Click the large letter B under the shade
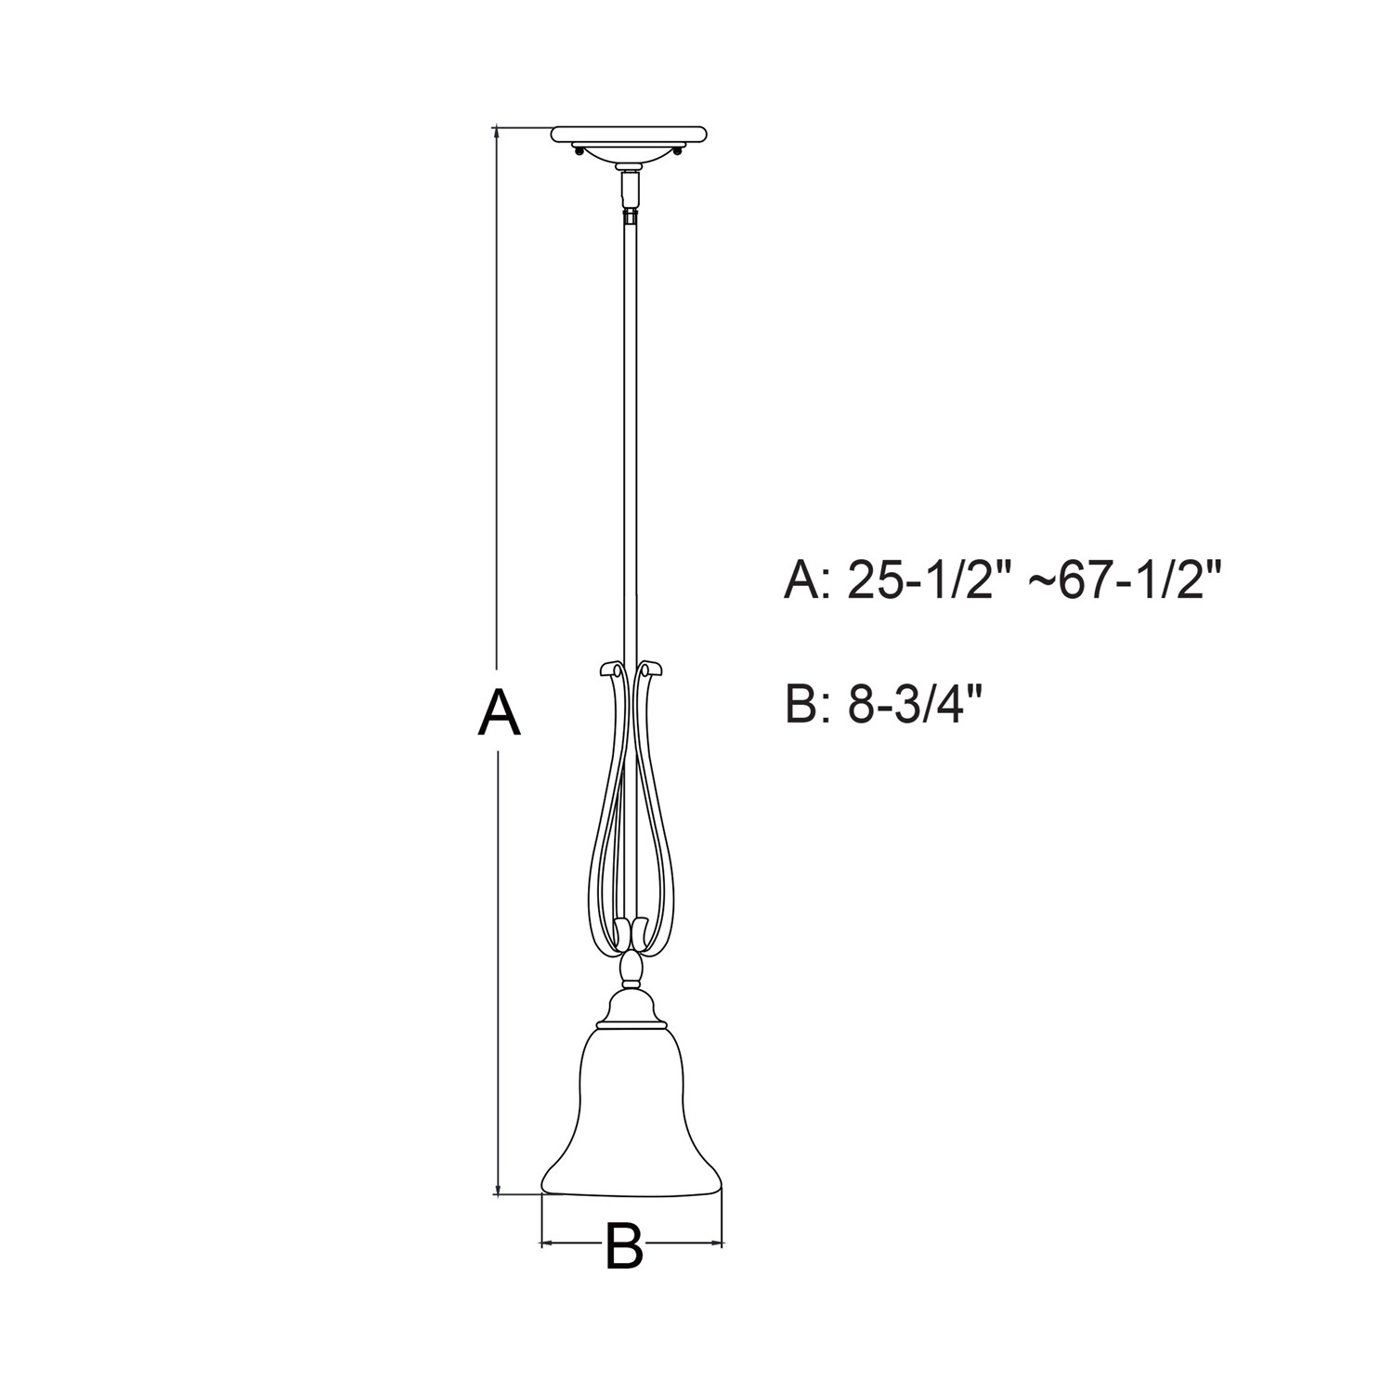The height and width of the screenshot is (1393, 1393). pyautogui.click(x=624, y=1245)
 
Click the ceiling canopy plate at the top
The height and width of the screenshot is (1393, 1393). pyautogui.click(x=631, y=136)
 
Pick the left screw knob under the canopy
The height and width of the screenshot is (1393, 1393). pyautogui.click(x=579, y=152)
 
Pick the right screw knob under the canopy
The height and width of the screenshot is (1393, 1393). pyautogui.click(x=681, y=152)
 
